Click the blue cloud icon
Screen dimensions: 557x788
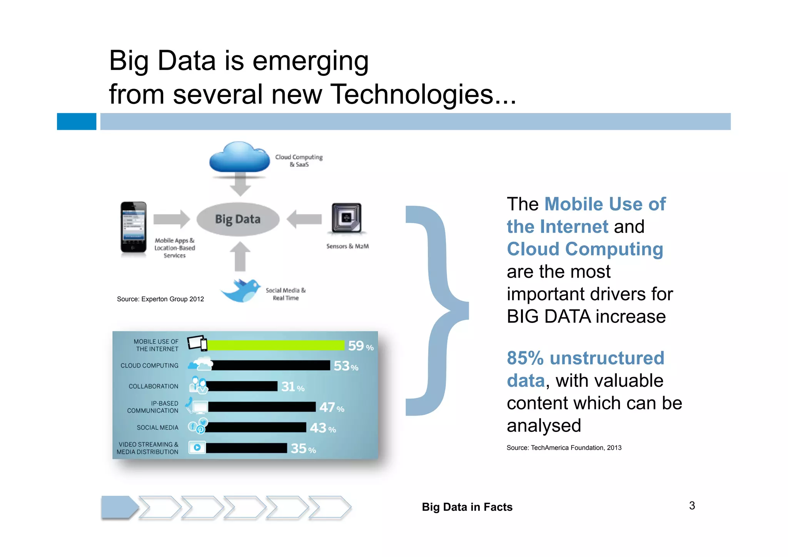(x=239, y=158)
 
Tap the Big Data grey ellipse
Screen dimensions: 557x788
(x=238, y=219)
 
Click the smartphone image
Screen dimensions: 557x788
(x=133, y=227)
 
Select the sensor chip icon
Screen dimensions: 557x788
(x=346, y=218)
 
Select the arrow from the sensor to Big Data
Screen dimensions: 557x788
(x=304, y=219)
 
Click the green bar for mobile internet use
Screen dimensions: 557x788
(x=275, y=345)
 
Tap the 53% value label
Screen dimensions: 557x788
(x=346, y=366)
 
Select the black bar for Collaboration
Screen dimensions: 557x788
(x=242, y=386)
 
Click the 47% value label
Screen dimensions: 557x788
(x=331, y=407)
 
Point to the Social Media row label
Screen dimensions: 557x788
(x=157, y=428)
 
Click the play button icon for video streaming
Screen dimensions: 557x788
(x=197, y=448)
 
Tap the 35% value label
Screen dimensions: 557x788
(x=303, y=448)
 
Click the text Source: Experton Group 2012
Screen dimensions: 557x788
(x=160, y=299)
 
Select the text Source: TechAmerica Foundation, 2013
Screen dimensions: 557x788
(x=564, y=448)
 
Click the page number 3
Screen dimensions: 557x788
(x=692, y=506)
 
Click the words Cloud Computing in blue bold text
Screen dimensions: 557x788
(x=584, y=249)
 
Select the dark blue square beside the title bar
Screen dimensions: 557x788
(x=77, y=122)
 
